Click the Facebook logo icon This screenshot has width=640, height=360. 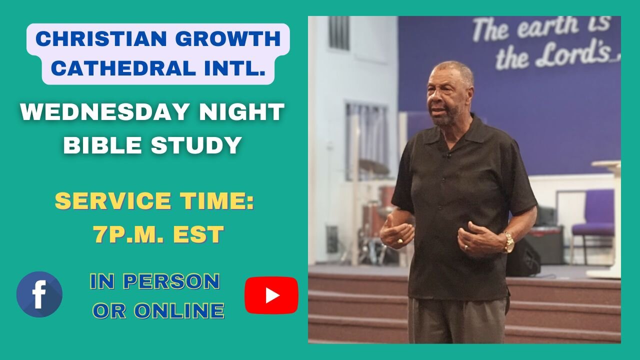[x=39, y=294]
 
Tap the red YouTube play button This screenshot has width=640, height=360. [x=271, y=295]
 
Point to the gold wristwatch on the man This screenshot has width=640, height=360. [x=508, y=242]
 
